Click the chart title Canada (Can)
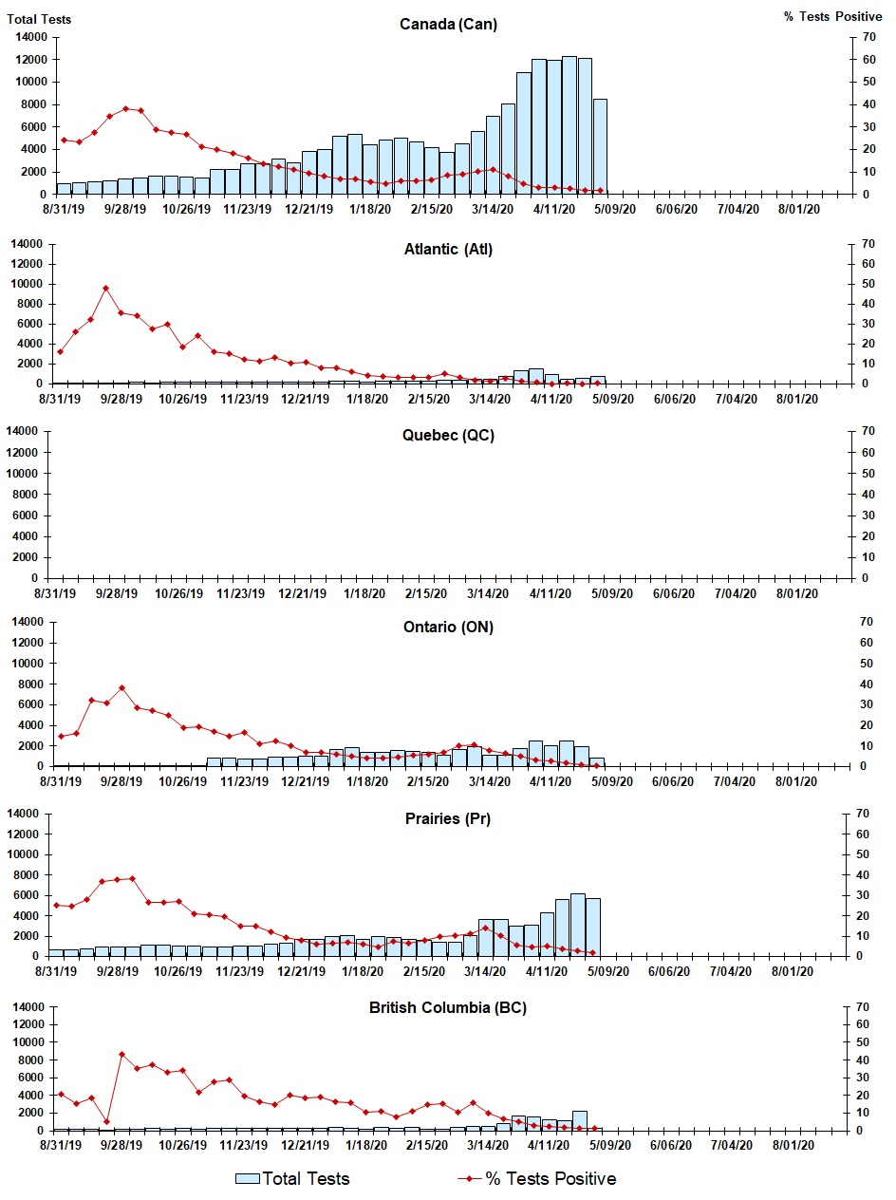(448, 24)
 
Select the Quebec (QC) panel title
(447, 436)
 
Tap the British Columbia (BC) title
(447, 1007)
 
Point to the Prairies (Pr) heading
(447, 818)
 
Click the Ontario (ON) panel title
(447, 627)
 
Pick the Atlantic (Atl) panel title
(447, 250)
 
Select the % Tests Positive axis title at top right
(831, 17)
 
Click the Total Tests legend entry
(293, 1178)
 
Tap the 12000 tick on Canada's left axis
(31, 59)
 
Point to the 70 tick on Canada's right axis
(865, 37)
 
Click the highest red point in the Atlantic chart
(106, 288)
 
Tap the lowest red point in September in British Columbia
(106, 1121)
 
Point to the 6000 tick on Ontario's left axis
(34, 704)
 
